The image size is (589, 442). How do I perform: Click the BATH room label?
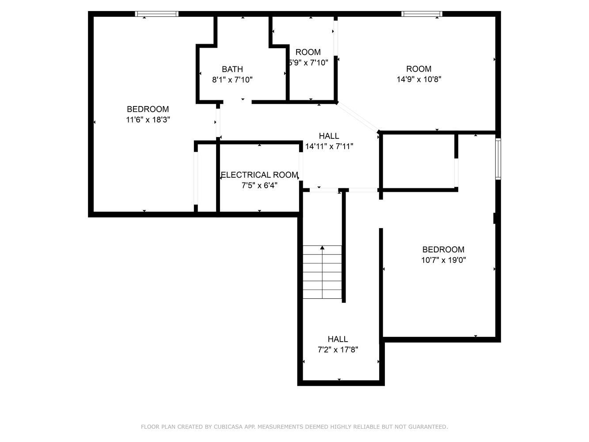click(x=232, y=69)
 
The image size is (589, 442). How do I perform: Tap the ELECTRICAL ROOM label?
click(x=259, y=175)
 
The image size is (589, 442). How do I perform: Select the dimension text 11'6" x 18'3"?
click(x=148, y=120)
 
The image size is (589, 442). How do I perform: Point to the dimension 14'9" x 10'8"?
click(x=419, y=80)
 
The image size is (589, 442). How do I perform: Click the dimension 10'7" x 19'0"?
click(x=444, y=260)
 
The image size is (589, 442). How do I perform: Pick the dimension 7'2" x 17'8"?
click(x=338, y=350)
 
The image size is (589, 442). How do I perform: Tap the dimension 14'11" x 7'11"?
click(x=329, y=146)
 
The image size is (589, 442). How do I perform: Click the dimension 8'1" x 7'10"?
click(x=232, y=80)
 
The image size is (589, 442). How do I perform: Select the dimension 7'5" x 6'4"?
click(x=259, y=186)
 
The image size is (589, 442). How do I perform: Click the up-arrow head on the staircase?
click(x=322, y=248)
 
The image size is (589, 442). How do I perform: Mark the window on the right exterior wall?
click(x=498, y=159)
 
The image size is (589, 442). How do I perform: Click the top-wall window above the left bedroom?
click(x=156, y=14)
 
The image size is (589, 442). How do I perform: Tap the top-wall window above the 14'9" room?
click(x=422, y=14)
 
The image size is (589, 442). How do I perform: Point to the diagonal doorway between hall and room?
click(x=357, y=117)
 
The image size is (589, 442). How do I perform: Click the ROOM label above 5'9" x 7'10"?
click(x=308, y=52)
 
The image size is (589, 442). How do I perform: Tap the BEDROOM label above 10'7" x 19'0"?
click(x=443, y=250)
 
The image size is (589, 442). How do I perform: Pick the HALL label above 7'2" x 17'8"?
click(x=338, y=339)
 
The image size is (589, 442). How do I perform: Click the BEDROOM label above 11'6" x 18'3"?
click(x=148, y=109)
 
